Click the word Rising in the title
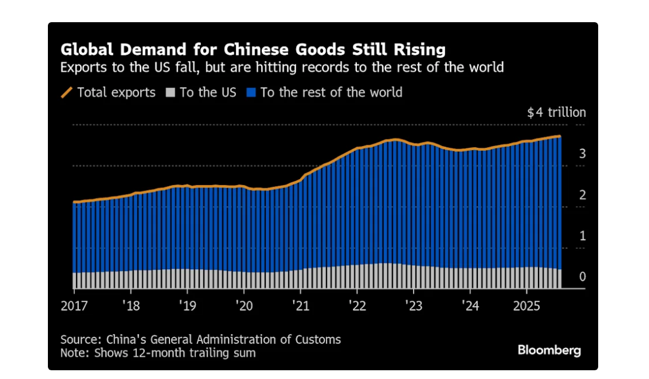click(x=417, y=48)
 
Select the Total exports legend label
click(x=116, y=92)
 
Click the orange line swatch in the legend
click(x=67, y=92)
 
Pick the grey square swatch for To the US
click(x=171, y=92)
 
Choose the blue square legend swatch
click(x=252, y=92)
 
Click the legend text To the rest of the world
click(x=331, y=92)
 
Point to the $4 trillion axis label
click(x=556, y=113)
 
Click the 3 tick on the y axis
click(x=582, y=154)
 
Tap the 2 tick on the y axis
click(x=582, y=195)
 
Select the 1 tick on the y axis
click(x=582, y=236)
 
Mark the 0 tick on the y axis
click(x=582, y=277)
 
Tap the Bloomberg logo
click(x=549, y=350)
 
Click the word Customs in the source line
click(x=320, y=339)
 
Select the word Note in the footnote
click(x=72, y=353)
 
